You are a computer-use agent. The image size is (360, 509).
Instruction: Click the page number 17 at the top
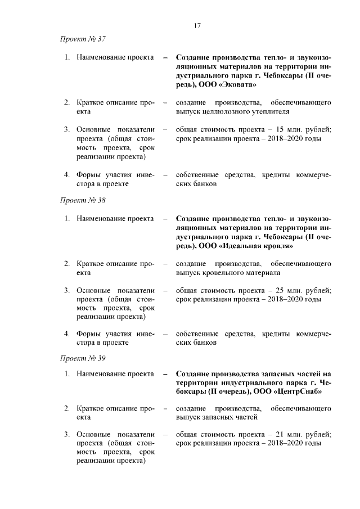point(196,26)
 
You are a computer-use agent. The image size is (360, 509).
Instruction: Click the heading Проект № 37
point(83,39)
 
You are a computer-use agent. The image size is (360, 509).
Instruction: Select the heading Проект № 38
point(83,200)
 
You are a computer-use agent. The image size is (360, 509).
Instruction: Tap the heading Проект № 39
point(83,358)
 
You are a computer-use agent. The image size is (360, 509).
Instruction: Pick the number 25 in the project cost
point(277,290)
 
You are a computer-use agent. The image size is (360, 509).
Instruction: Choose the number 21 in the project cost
point(277,435)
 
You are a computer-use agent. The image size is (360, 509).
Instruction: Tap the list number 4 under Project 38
point(66,333)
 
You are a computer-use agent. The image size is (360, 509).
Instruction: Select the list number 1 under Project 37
point(66,57)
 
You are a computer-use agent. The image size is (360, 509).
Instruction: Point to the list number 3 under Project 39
point(66,435)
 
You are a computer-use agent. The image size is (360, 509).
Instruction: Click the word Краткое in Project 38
point(92,263)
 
